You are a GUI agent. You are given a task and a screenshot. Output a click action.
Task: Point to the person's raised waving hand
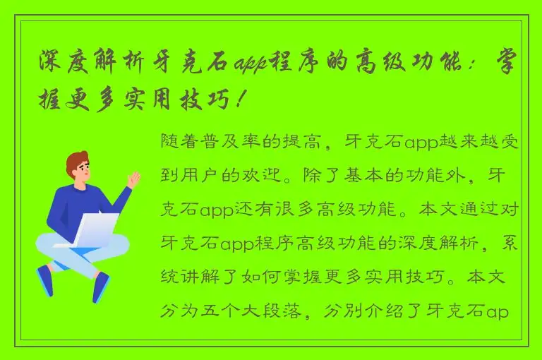point(132,179)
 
